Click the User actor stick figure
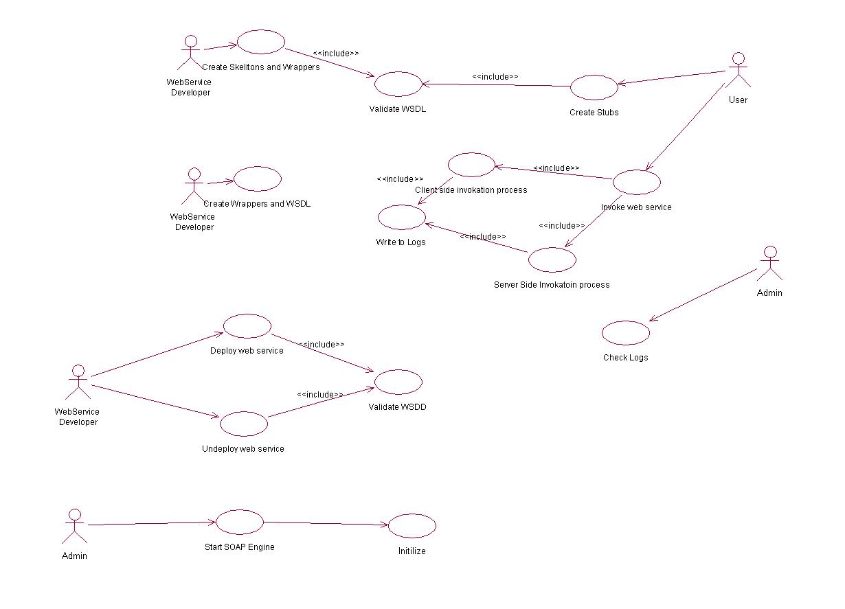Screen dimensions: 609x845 pos(738,69)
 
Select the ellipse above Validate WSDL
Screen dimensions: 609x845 pos(398,84)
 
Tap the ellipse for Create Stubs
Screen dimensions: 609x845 pos(594,87)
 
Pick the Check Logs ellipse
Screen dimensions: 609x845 pos(625,333)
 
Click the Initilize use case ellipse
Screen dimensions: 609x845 pos(412,527)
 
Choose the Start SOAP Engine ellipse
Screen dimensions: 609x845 pos(240,522)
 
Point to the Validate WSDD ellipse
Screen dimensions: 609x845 pos(398,382)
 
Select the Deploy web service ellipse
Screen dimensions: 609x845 pos(247,325)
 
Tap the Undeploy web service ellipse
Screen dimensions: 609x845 pos(243,424)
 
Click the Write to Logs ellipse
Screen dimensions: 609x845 pos(401,217)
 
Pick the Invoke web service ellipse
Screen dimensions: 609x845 pos(636,182)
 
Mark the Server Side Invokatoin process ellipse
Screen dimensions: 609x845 pos(552,260)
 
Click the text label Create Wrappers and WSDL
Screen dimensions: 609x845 pos(257,204)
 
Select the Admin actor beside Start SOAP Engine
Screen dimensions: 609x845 pos(75,526)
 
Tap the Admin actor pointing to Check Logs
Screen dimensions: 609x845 pos(769,263)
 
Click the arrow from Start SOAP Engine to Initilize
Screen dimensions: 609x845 pos(326,524)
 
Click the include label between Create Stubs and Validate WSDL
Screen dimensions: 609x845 pos(495,77)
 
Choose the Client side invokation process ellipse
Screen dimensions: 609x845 pos(471,165)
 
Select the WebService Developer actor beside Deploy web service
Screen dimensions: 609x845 pos(78,382)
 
